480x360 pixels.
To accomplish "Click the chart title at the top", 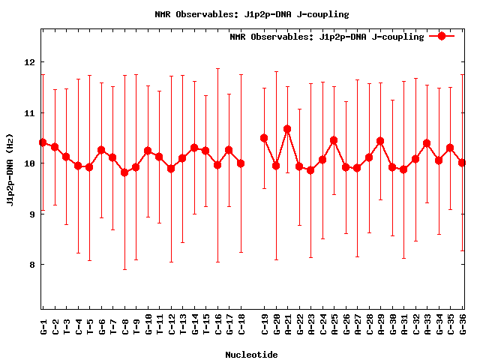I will tap(251, 14).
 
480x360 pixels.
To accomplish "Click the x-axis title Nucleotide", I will tap(251, 355).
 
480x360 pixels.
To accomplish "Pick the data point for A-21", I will tap(287, 129).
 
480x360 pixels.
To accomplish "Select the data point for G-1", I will tap(43, 142).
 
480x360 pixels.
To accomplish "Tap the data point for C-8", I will tap(124, 172).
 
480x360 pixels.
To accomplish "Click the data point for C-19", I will tap(264, 138).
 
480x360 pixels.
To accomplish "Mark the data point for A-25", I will tap(334, 140).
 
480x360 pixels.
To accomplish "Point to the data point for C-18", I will tap(241, 163).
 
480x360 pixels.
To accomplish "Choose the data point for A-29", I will tap(380, 141).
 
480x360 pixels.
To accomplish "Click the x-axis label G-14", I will tap(194, 325).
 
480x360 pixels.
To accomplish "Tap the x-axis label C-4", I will tap(78, 325).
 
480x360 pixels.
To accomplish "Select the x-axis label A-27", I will tap(357, 325).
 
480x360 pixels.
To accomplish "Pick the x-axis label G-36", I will tap(462, 325).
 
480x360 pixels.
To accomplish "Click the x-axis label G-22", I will tap(299, 325).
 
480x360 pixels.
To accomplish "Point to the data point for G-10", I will tap(148, 151).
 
